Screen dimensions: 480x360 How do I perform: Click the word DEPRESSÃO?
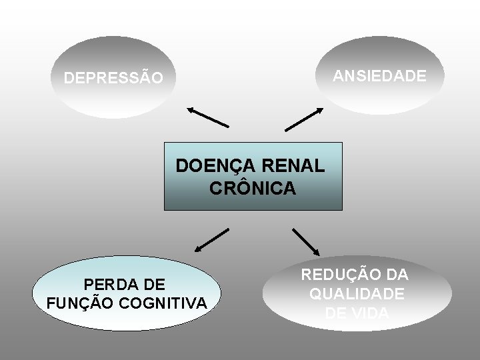pos(113,79)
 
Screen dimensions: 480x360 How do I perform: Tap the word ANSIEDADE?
pos(379,76)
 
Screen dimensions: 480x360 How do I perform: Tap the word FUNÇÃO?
pos(80,304)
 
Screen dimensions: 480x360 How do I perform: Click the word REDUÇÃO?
pos(339,275)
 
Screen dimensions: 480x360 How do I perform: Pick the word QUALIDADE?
pos(356,293)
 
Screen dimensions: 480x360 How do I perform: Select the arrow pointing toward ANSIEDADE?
pos(304,118)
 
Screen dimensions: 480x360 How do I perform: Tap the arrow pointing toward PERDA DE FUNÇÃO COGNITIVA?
pos(211,241)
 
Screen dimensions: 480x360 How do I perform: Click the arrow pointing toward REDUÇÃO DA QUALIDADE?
pos(307,242)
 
